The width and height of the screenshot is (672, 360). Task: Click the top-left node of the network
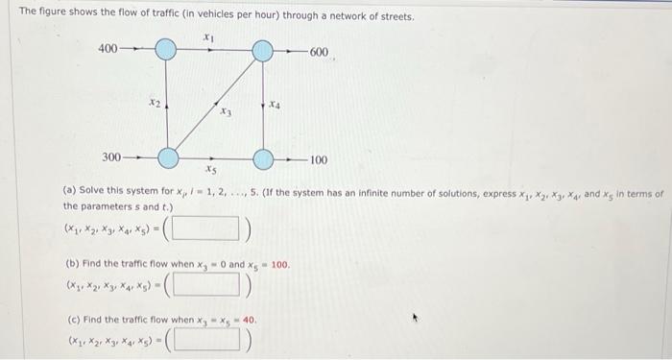click(167, 48)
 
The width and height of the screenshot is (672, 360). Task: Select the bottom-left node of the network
click(167, 156)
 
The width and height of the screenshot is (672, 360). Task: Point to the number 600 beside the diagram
click(319, 52)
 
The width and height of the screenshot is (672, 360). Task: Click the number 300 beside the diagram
click(112, 156)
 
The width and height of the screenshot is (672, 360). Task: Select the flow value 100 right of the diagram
click(319, 158)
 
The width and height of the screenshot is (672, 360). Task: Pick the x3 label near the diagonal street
click(226, 111)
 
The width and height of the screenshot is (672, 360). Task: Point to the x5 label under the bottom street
click(210, 171)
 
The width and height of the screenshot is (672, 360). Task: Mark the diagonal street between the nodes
click(216, 103)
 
